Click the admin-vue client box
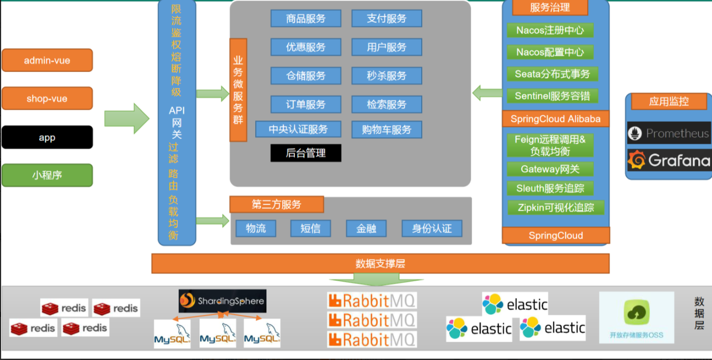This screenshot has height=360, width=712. click(x=47, y=60)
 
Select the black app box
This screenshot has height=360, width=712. click(x=47, y=138)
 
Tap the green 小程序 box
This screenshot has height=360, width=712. click(x=47, y=175)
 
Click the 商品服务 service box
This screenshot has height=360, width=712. click(x=306, y=19)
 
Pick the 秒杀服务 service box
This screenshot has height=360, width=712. click(x=387, y=76)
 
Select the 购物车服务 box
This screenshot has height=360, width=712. click(x=387, y=129)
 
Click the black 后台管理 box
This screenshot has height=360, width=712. click(x=306, y=153)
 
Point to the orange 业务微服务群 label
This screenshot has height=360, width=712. click(x=238, y=90)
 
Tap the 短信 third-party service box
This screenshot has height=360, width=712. click(x=311, y=228)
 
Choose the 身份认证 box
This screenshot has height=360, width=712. click(x=432, y=228)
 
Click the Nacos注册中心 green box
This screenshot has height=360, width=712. click(x=550, y=30)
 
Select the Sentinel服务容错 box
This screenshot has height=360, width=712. click(x=552, y=96)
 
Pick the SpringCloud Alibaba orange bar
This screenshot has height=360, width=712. click(x=556, y=119)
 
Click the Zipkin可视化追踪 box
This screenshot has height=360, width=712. click(x=556, y=207)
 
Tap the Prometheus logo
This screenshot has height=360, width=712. click(x=668, y=134)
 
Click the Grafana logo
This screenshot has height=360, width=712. click(x=668, y=160)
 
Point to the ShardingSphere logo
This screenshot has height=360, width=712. click(x=222, y=301)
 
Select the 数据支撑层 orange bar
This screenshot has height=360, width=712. click(x=380, y=264)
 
